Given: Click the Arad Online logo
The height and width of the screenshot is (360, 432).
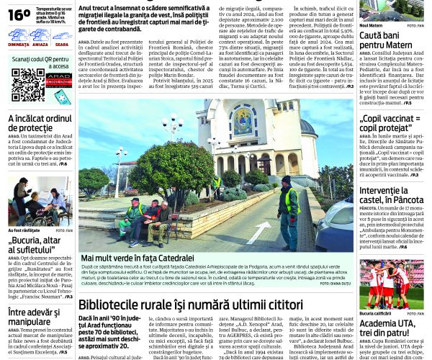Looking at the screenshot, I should [58, 80].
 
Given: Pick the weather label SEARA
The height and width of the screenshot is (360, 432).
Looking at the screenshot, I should [61, 45].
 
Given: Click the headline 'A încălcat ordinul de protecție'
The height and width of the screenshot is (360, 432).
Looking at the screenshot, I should [40, 124].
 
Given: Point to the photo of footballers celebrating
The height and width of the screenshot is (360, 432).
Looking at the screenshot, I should [392, 284].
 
